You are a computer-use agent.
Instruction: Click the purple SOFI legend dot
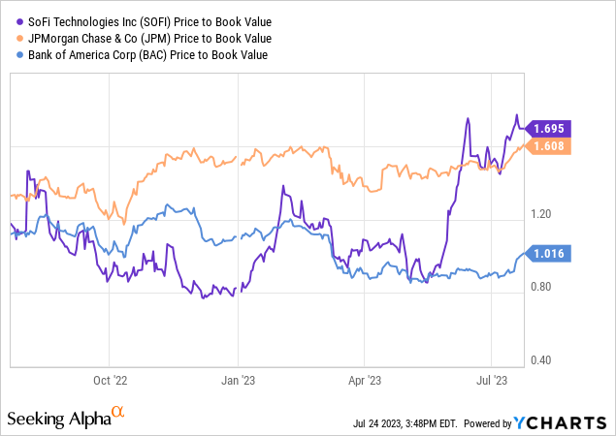coord(12,22)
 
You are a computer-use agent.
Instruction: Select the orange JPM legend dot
coord(12,38)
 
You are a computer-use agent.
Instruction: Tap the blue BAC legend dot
coord(12,53)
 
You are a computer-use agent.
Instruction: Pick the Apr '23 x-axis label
coord(365,380)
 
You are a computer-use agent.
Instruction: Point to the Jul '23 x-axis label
coord(495,380)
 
